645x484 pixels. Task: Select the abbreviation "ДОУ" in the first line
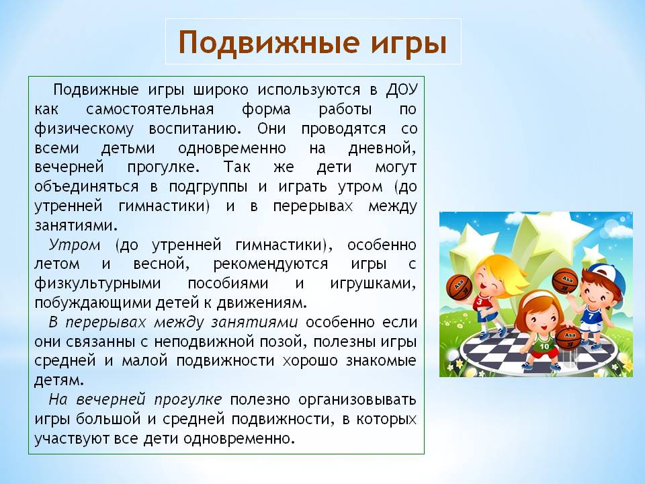pyautogui.click(x=402, y=90)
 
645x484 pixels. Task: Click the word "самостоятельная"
pyautogui.click(x=150, y=110)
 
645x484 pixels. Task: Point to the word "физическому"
pyautogui.click(x=84, y=129)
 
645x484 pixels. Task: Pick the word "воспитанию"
pyautogui.click(x=195, y=129)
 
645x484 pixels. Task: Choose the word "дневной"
pyautogui.click(x=382, y=148)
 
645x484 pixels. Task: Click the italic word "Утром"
pyautogui.click(x=75, y=245)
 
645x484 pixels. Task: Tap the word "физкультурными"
pyautogui.click(x=97, y=284)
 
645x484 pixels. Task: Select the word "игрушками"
pyautogui.click(x=373, y=284)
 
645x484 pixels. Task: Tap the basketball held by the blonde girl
pyautogui.click(x=459, y=286)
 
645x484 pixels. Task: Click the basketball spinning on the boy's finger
pyautogui.click(x=565, y=281)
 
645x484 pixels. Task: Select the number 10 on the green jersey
pyautogui.click(x=544, y=346)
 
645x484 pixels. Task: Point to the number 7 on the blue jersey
pyautogui.click(x=591, y=317)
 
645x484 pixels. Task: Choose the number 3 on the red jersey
pyautogui.click(x=479, y=302)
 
